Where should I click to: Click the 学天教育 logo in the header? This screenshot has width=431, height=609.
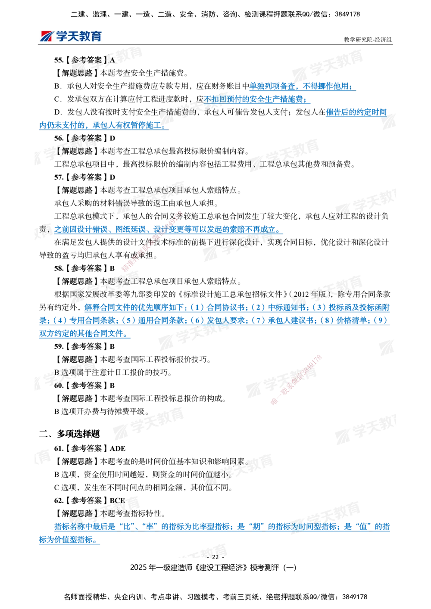(71, 36)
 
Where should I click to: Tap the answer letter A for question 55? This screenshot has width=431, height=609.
(112, 60)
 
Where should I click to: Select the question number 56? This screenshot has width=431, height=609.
(59, 138)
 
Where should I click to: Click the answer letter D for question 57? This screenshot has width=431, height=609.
(112, 177)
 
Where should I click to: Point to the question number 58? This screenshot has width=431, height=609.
(59, 268)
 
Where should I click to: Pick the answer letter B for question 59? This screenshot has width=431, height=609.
(112, 346)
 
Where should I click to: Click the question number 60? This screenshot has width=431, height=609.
(59, 385)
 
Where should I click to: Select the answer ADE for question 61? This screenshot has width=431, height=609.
(118, 448)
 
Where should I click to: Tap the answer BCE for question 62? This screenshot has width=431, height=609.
(117, 500)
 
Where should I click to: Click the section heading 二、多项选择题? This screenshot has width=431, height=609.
(69, 433)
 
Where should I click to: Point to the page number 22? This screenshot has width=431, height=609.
(215, 557)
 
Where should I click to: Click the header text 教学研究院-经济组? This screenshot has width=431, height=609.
(368, 40)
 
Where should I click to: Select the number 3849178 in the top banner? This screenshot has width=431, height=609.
(347, 14)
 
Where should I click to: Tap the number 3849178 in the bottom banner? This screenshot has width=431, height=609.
(355, 597)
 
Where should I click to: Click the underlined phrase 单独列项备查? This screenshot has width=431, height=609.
(272, 86)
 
